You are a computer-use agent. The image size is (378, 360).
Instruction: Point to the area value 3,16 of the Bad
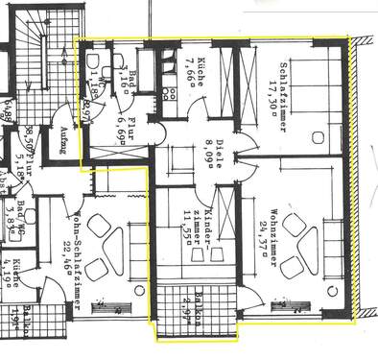129,68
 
